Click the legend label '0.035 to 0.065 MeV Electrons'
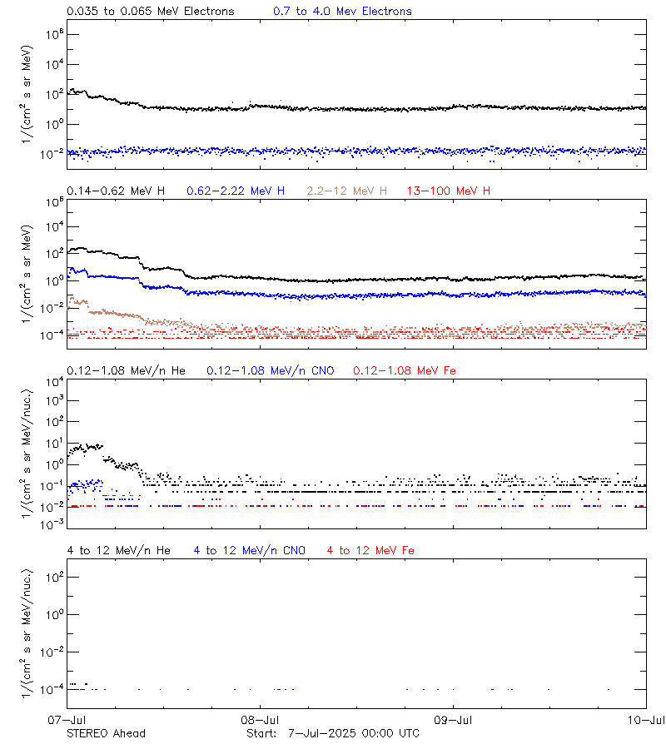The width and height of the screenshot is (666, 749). coord(150,12)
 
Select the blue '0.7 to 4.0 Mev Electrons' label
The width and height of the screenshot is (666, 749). coord(342,12)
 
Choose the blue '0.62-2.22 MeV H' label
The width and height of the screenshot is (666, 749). coord(236,191)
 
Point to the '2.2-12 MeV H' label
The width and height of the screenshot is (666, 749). coord(347,191)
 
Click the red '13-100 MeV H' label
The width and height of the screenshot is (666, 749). coord(449,191)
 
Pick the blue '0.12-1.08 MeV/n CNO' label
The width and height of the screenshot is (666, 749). coord(270,370)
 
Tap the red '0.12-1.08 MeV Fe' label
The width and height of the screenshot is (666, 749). coord(405,370)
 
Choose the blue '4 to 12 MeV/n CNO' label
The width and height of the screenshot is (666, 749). coord(249,550)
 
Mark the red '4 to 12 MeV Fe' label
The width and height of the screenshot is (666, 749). coord(370,550)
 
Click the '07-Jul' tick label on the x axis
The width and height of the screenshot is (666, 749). coord(67,720)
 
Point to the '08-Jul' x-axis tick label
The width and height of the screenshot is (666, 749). coord(259,720)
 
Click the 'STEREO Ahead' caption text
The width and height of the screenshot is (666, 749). coord(106,733)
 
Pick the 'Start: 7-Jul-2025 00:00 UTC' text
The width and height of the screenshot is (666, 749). coord(333,733)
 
